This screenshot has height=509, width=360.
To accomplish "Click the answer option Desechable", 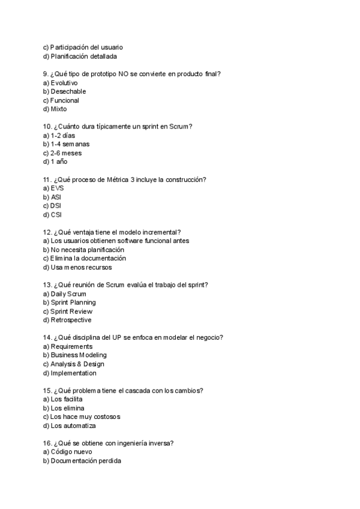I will pos(68,91).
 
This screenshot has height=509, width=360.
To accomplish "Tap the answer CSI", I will pos(56,214).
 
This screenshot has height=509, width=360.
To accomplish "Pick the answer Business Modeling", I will pos(73,355).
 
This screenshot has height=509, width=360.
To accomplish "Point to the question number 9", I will pos(46,74).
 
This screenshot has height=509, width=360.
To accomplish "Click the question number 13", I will pos(47,285).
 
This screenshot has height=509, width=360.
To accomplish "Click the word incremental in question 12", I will pos(162,232).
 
